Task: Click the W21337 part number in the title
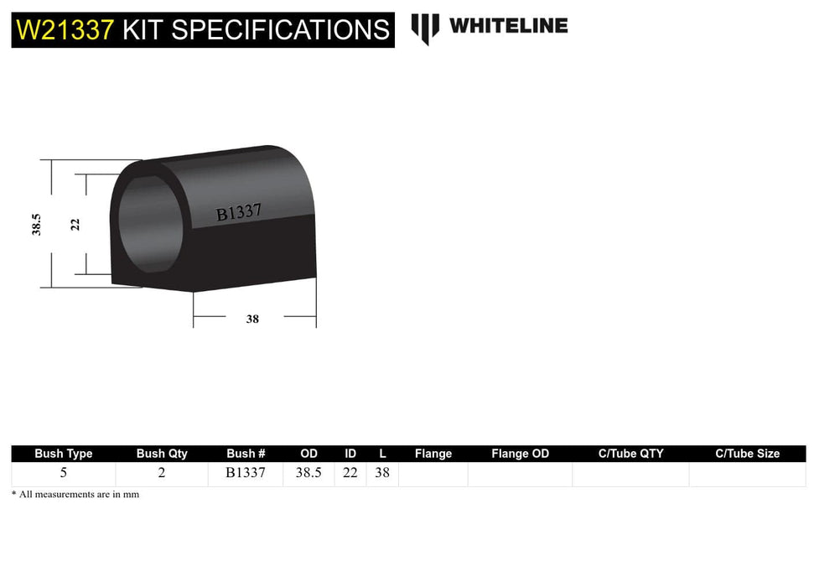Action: coord(65,29)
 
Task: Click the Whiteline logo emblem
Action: coord(425,28)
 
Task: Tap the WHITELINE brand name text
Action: coord(508,26)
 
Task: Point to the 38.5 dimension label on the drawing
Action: coord(37,224)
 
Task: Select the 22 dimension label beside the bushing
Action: coord(75,224)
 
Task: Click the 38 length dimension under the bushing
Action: coord(252,319)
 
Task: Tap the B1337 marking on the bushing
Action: coord(239,213)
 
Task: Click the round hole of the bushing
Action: coord(149,224)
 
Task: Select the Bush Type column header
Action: coord(64,454)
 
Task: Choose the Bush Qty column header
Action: coord(162,454)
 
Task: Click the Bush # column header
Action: coord(246,454)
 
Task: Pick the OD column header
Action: coord(308,454)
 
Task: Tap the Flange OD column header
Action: coord(520,454)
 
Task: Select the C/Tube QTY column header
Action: coord(630,454)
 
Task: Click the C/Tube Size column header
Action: coord(747,454)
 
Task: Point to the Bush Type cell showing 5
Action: coord(64,473)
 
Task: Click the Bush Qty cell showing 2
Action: coord(162,473)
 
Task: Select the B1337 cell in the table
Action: coord(246,473)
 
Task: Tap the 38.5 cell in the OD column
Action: coord(308,473)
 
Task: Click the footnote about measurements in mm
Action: coord(75,495)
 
